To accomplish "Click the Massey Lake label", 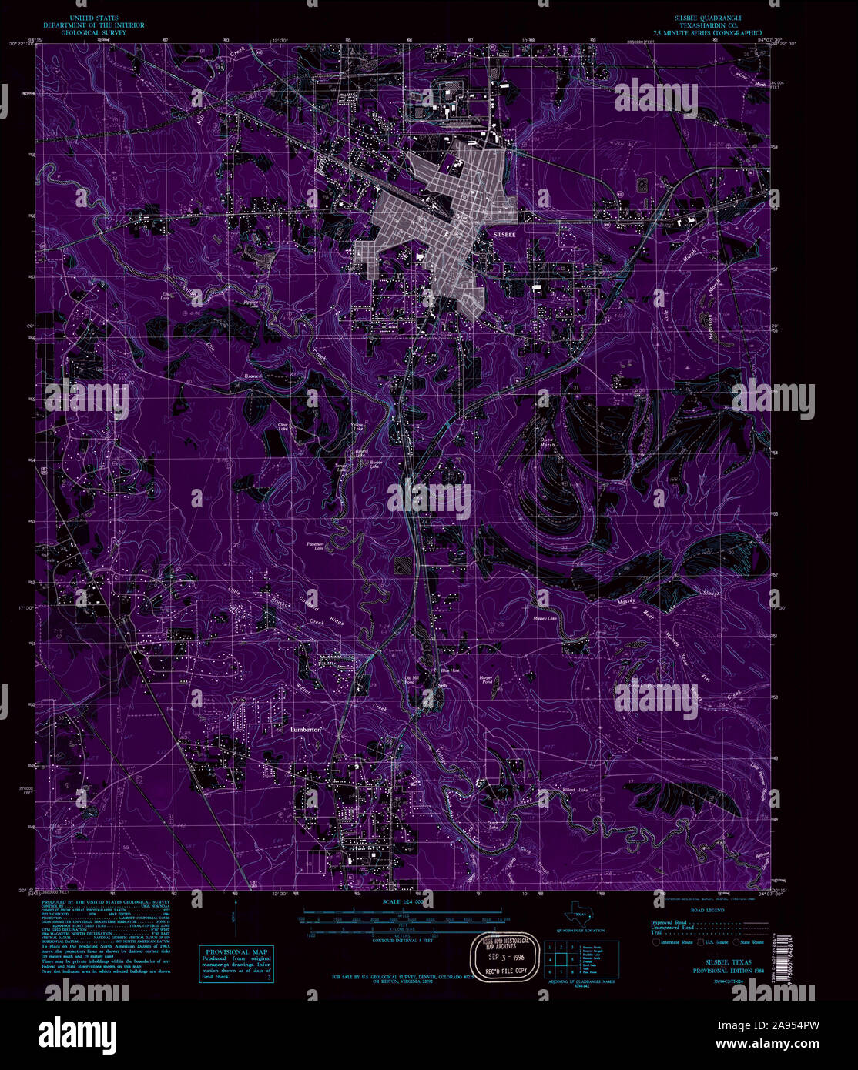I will point(545,618).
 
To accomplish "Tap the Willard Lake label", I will point(572,791).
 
